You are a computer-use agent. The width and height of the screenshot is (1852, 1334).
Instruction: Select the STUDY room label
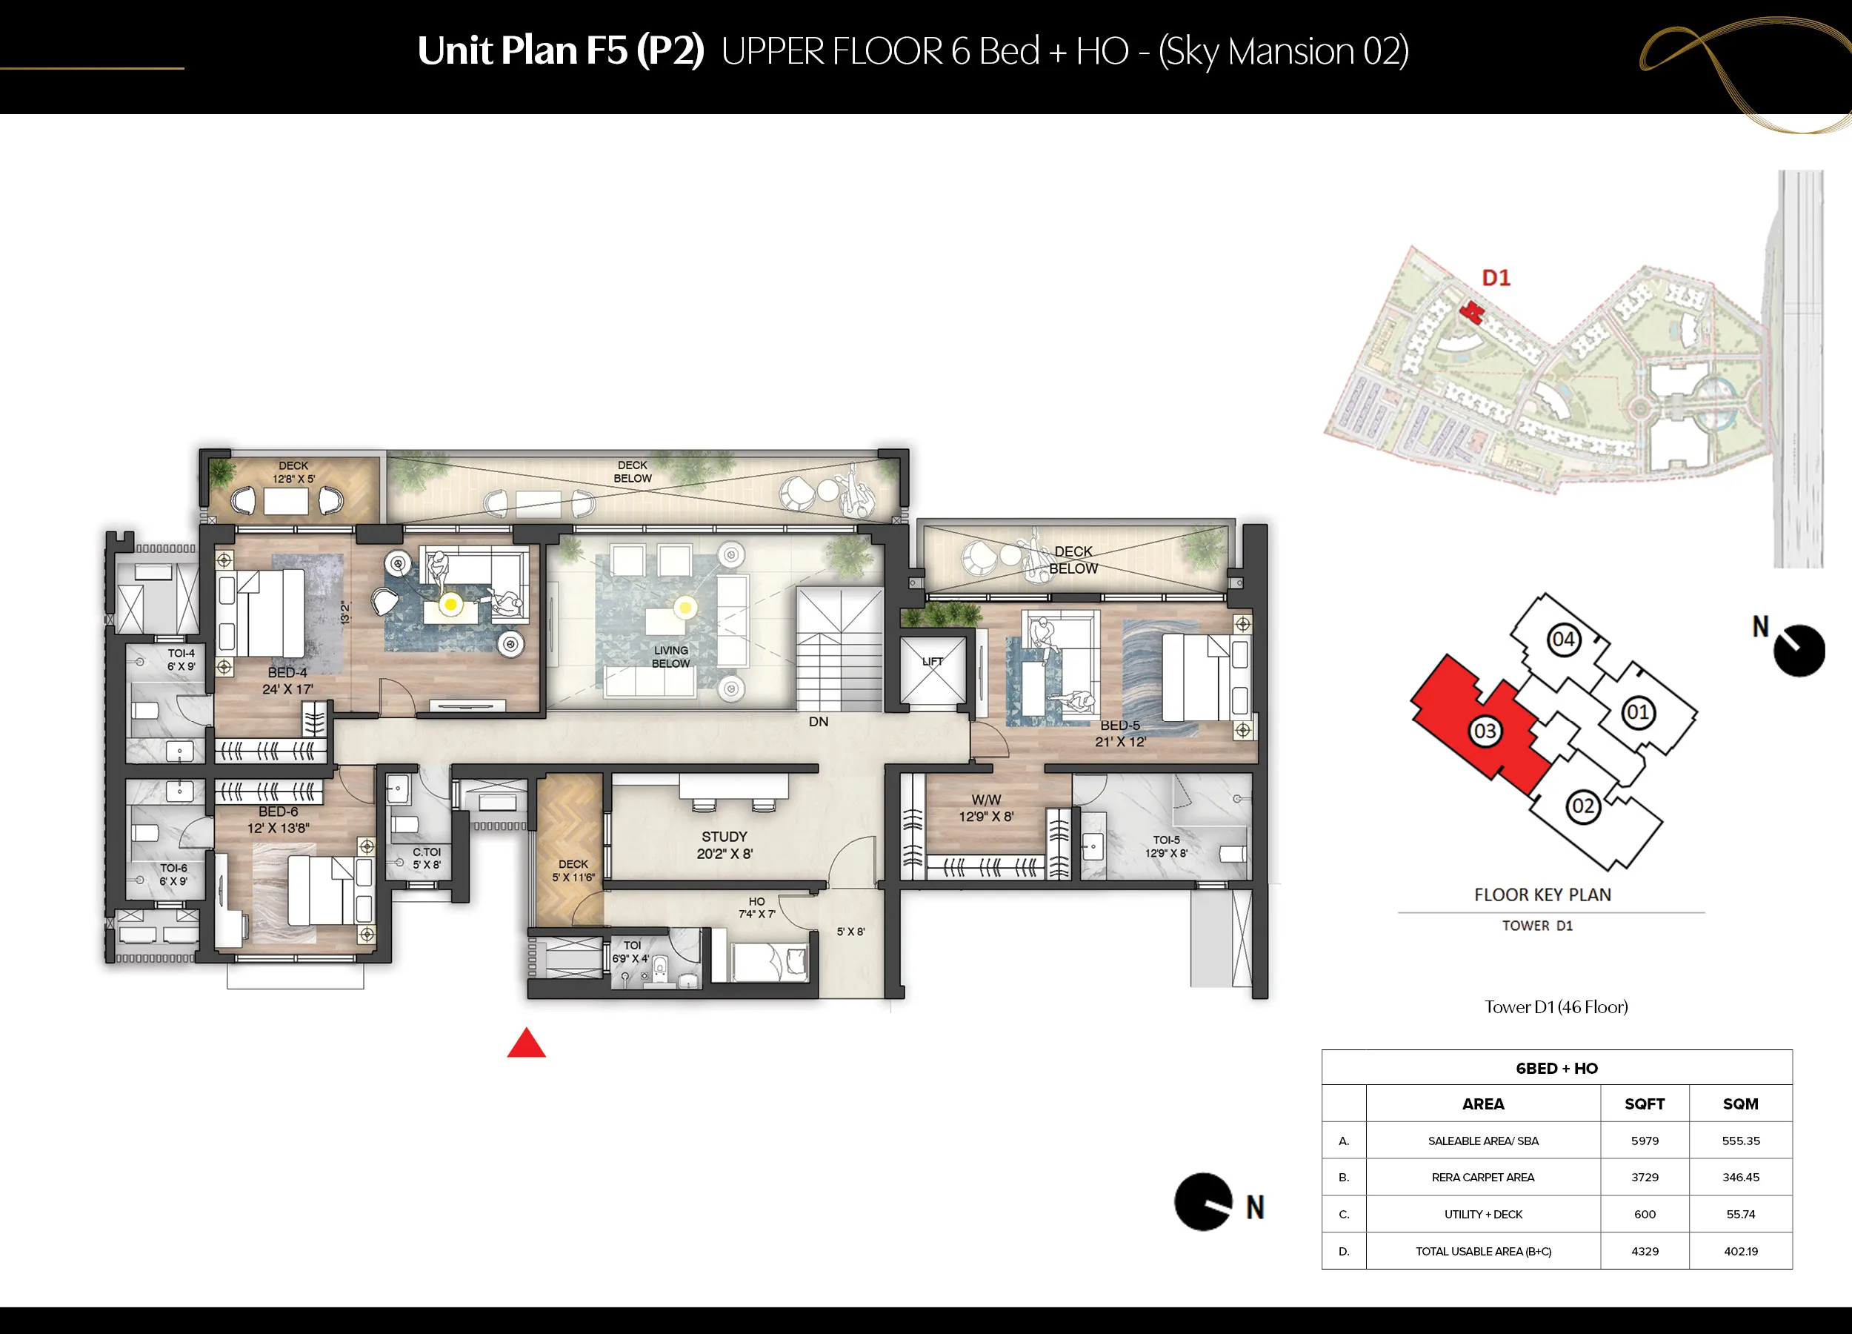725,837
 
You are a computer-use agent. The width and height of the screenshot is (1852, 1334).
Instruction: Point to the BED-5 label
1119,726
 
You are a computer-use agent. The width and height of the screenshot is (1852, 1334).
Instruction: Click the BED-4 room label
287,672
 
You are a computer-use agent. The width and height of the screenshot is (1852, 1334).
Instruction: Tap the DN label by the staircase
818,721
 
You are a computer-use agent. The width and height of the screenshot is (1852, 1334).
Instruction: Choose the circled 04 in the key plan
1563,640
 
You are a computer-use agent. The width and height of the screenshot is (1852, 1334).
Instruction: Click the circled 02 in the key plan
1582,807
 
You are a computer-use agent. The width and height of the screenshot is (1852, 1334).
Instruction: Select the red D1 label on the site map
1496,278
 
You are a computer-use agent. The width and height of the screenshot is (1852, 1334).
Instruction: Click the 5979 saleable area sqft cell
1645,1141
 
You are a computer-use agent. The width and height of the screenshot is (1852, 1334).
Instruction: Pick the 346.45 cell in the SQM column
1740,1177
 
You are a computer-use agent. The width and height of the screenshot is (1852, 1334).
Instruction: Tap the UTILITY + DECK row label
1483,1214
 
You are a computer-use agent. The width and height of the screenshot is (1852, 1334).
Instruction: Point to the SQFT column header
1645,1104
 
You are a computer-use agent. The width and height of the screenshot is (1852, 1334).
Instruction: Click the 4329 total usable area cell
1645,1251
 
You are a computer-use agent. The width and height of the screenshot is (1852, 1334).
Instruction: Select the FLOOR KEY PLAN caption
1542,895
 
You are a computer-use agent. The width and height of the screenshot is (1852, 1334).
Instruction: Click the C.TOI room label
426,852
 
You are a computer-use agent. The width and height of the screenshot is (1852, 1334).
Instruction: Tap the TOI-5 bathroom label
1166,840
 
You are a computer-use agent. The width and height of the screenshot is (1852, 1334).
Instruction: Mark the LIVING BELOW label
670,657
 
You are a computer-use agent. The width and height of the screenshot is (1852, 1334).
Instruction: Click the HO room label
757,902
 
